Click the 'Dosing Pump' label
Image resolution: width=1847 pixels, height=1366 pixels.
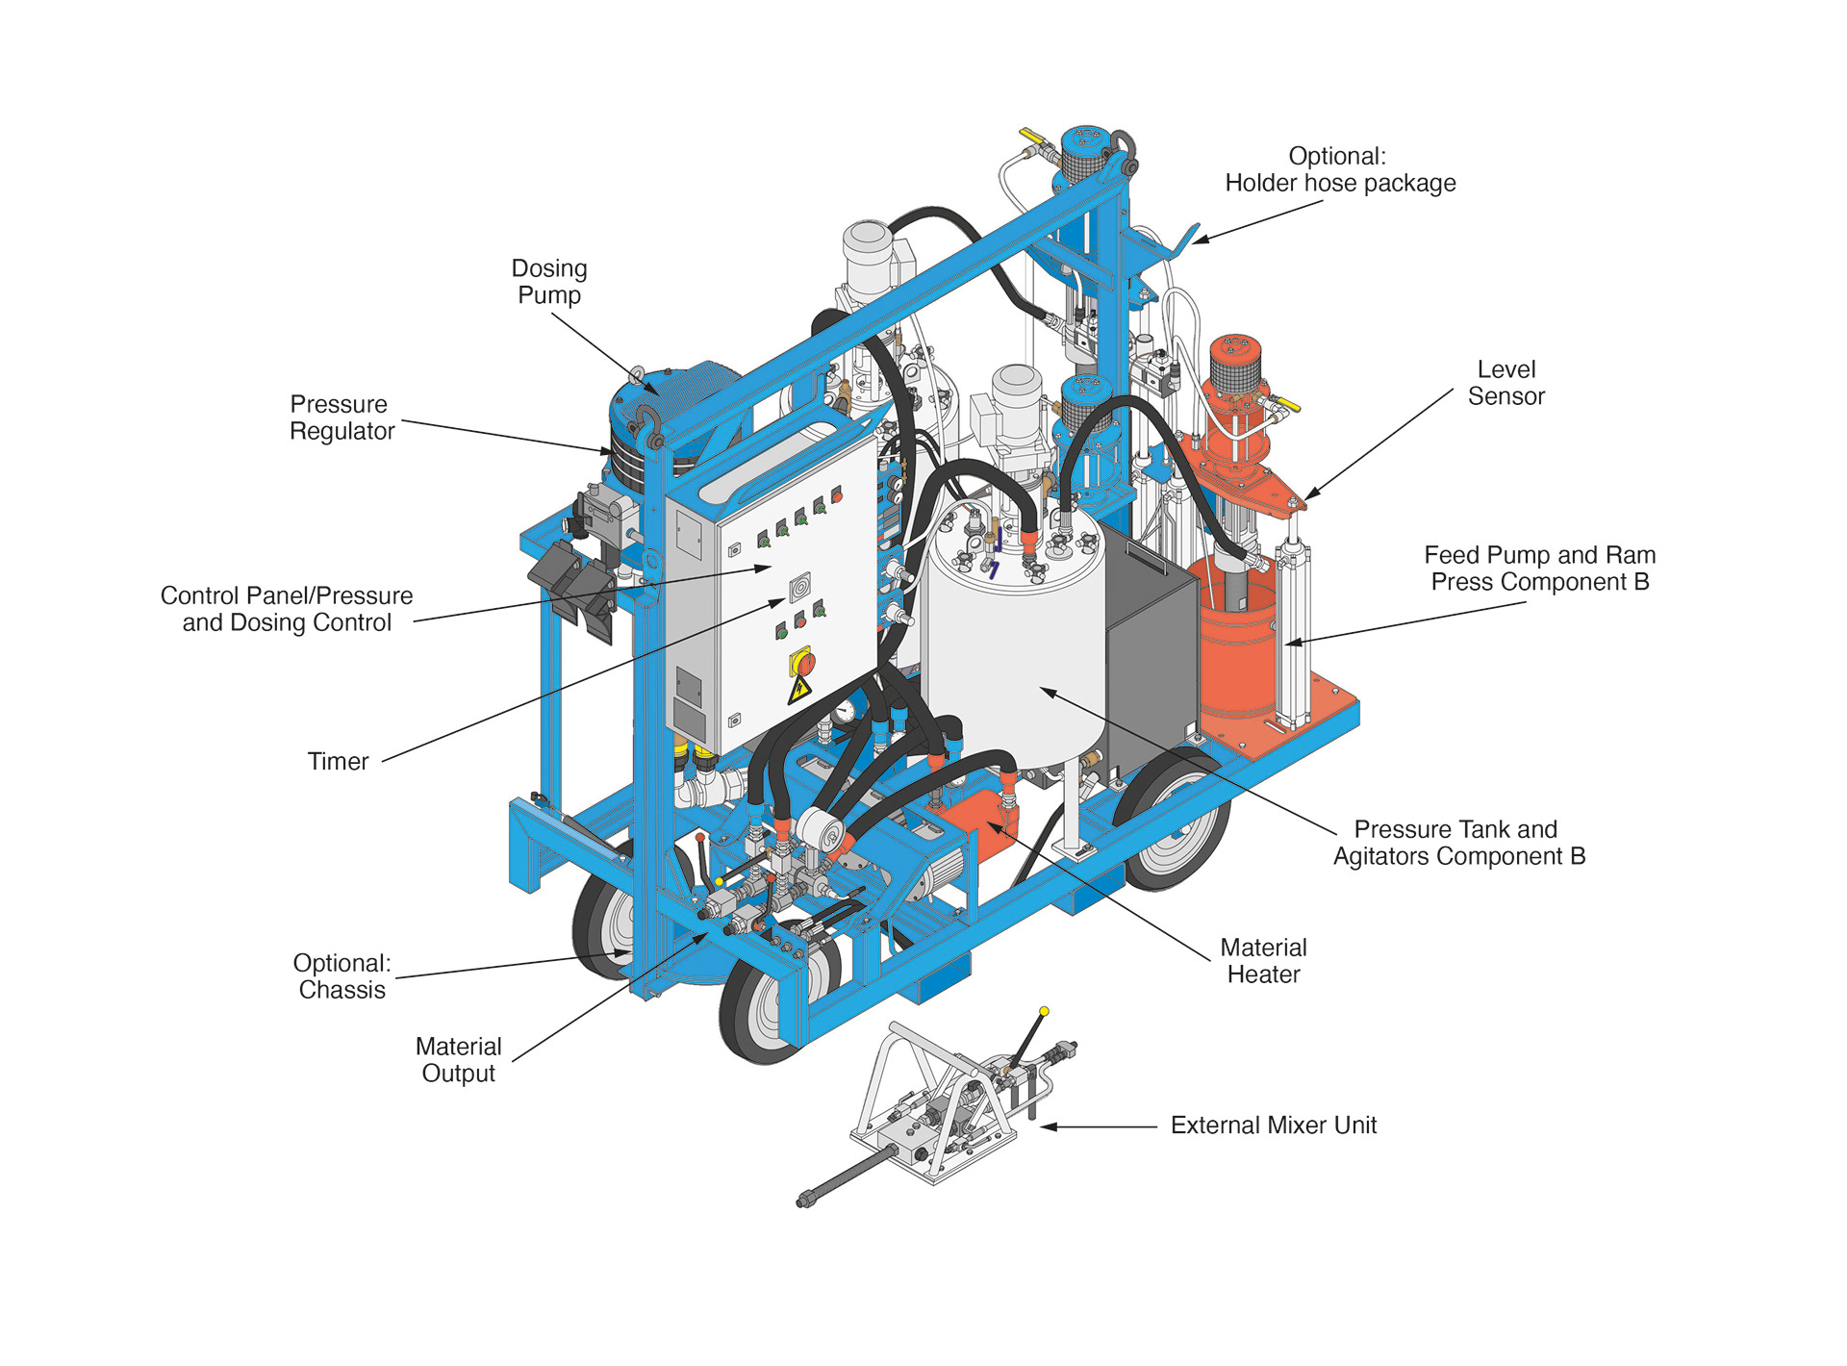click(548, 282)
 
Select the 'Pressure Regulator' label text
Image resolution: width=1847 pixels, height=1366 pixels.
click(342, 417)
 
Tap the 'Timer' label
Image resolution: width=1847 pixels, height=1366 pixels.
click(338, 762)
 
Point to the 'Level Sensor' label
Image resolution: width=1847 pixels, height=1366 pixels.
click(1505, 383)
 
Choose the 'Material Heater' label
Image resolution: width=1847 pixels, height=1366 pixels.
click(1263, 961)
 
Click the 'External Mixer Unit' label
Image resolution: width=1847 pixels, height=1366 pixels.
click(1273, 1126)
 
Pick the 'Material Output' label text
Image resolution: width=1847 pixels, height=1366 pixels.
click(458, 1060)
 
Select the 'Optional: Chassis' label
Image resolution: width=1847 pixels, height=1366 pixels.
click(342, 976)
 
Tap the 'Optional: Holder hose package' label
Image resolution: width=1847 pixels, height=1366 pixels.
click(1339, 169)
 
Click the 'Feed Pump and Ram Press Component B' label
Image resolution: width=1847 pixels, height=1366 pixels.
click(1539, 569)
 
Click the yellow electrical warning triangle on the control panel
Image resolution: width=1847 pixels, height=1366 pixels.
click(798, 691)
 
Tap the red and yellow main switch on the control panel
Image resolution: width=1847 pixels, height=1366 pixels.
click(801, 662)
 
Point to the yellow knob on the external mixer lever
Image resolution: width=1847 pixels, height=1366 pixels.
click(1044, 1011)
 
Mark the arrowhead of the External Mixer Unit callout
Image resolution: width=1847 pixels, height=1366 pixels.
click(1047, 1126)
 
